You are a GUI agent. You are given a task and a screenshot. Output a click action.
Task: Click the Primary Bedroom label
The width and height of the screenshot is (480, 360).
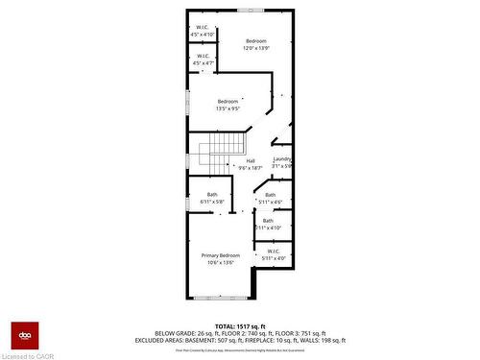(x=221, y=254)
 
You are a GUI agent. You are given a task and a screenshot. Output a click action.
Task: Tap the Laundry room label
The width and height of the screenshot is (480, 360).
(x=282, y=159)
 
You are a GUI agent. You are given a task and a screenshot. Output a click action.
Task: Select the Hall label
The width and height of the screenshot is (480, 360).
(x=251, y=160)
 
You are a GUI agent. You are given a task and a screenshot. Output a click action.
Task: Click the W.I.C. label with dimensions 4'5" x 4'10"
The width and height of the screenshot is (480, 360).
(x=204, y=27)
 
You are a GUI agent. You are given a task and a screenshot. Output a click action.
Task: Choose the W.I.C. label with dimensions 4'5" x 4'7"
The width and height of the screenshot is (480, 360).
(x=204, y=56)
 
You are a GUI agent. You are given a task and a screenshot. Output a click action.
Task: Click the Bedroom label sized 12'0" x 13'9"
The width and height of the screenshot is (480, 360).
(x=256, y=40)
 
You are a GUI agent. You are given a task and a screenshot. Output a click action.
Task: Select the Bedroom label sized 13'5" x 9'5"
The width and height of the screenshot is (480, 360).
(x=228, y=102)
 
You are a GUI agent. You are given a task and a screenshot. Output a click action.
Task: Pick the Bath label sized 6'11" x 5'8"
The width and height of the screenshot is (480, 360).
(x=212, y=195)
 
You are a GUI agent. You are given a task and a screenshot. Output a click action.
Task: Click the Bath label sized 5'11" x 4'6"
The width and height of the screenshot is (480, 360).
(x=270, y=195)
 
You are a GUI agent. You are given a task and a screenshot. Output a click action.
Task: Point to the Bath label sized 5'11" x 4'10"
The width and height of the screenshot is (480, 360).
(x=269, y=221)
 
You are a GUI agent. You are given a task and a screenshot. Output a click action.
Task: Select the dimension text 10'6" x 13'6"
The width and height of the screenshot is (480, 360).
(x=221, y=262)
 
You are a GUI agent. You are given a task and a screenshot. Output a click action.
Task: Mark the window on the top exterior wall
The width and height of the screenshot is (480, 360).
(x=252, y=10)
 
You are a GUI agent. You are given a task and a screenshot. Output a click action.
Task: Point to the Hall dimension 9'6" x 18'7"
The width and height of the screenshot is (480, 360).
(x=251, y=168)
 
